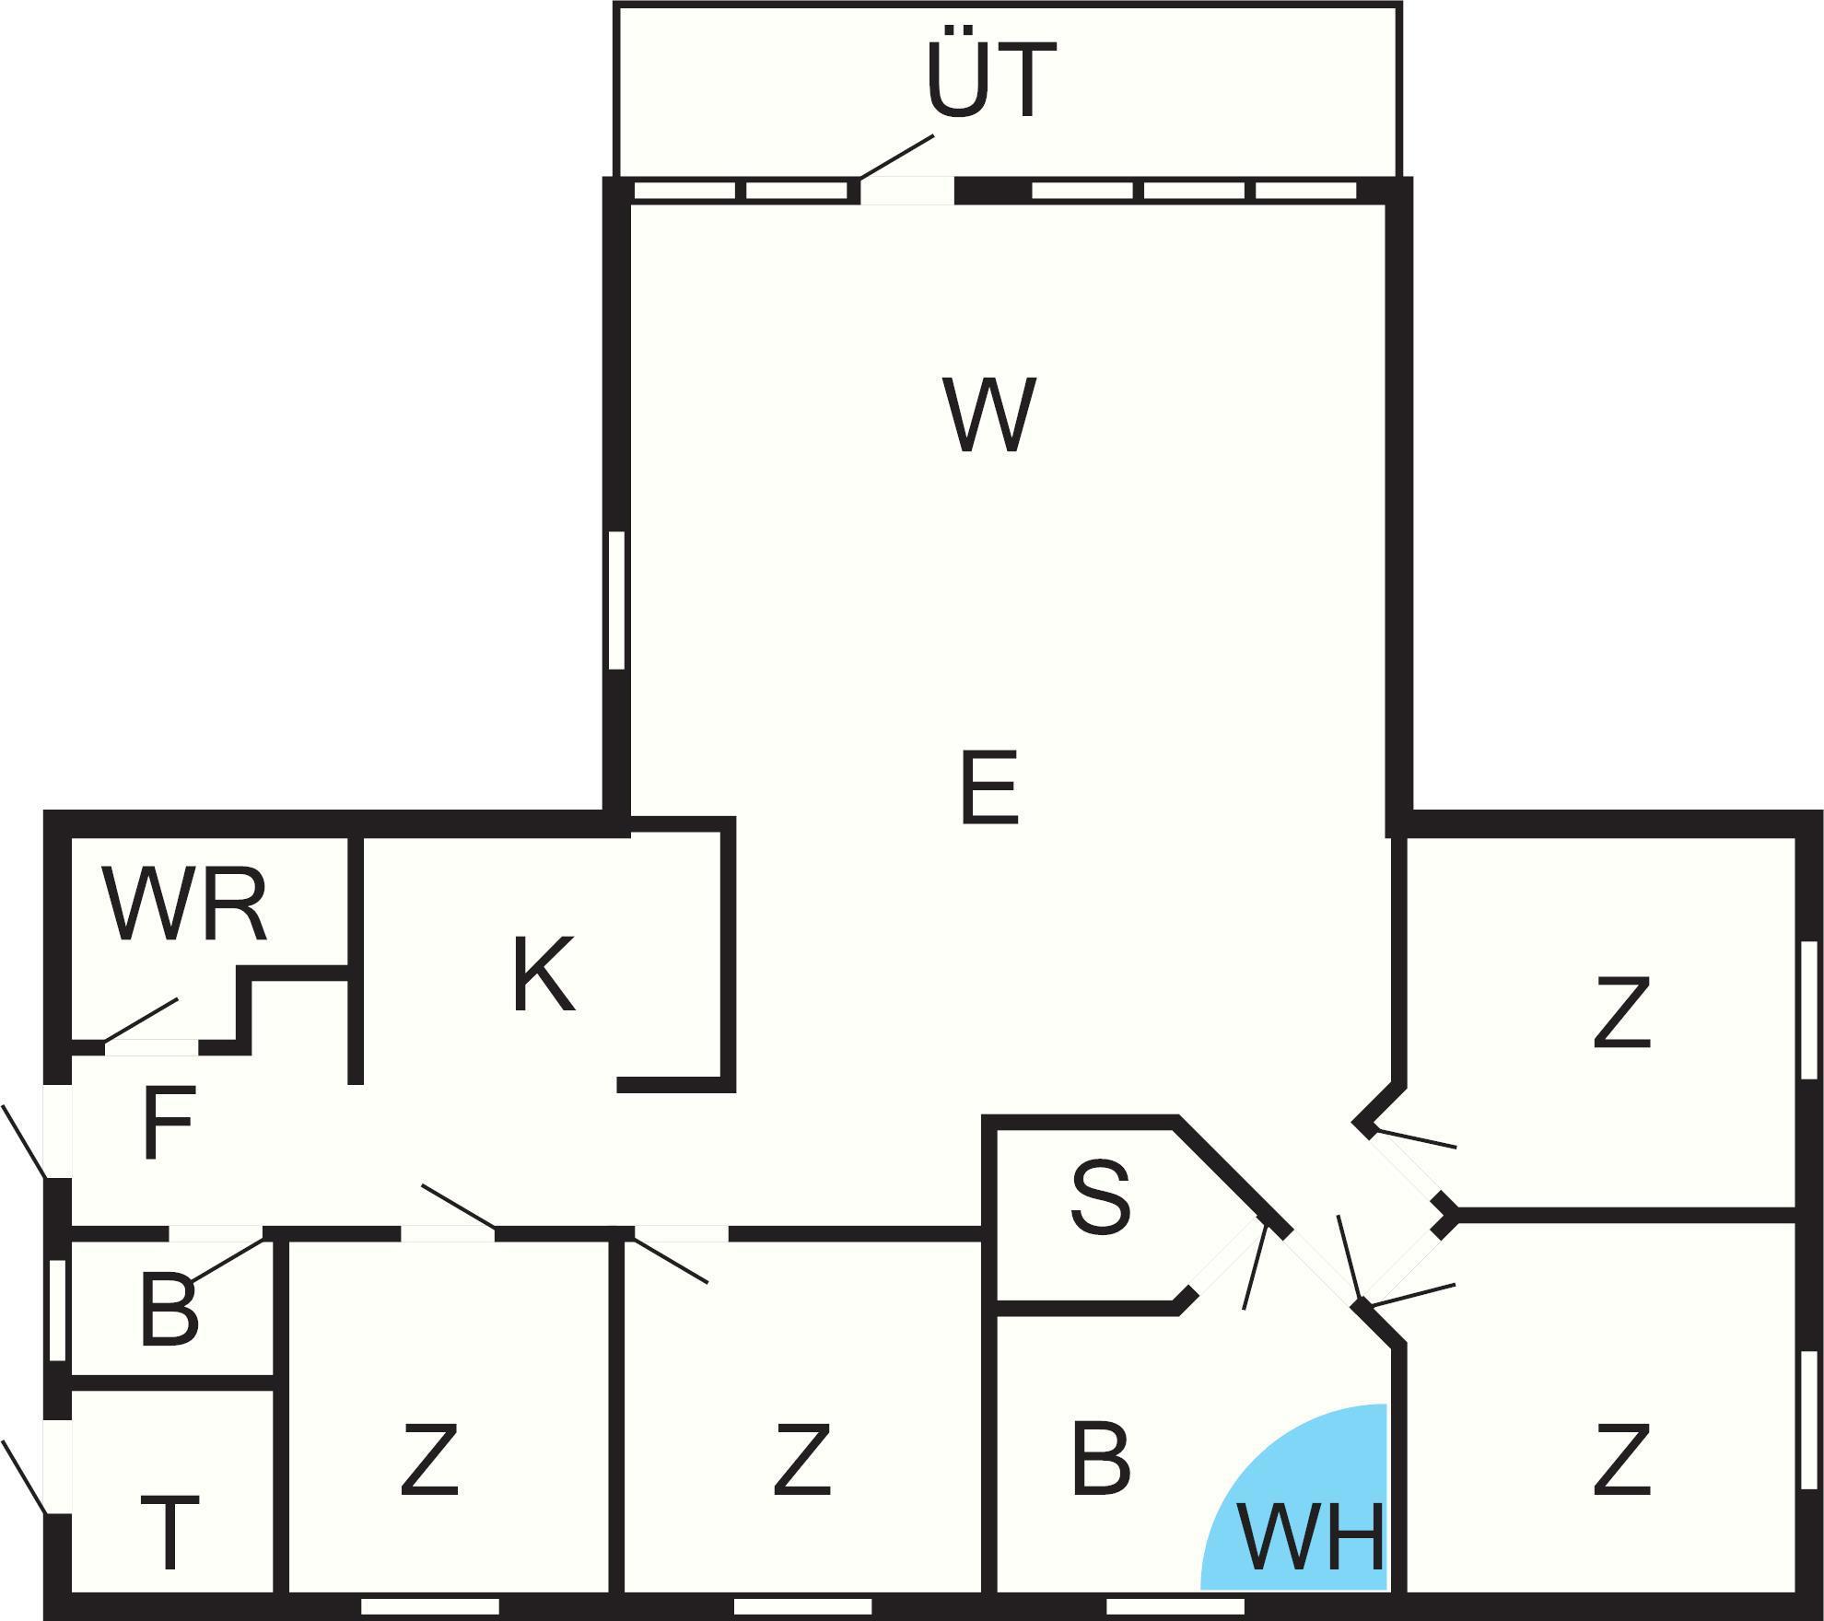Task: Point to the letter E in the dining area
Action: click(988, 787)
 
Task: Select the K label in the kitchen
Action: click(544, 974)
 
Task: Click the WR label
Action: click(185, 904)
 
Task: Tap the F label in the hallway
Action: click(169, 1122)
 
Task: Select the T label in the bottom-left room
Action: click(170, 1534)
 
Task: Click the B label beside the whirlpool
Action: click(1101, 1459)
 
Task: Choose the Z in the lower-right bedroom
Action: click(1621, 1459)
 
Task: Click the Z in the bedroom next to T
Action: click(429, 1459)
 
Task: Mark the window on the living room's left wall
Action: click(617, 600)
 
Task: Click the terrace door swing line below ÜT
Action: click(896, 157)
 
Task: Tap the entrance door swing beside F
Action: click(24, 1142)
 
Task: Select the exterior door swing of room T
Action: click(24, 1477)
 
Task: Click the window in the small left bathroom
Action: click(57, 1310)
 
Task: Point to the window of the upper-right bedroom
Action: click(1809, 1009)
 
